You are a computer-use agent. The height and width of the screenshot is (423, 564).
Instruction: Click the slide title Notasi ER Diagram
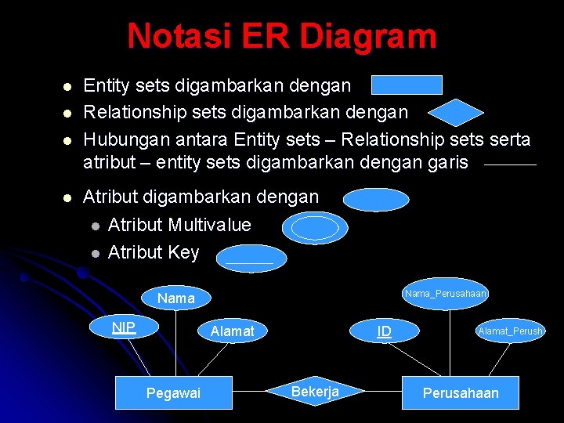coord(282,36)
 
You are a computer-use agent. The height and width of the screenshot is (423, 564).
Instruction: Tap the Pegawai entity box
coord(173,392)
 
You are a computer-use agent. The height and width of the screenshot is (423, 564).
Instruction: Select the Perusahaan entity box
coord(461,392)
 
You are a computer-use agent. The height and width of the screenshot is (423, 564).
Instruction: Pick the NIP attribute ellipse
coord(124,327)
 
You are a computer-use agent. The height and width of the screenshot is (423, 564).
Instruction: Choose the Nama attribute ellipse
coord(175,298)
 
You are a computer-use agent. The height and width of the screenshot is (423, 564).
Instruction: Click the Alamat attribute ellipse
coord(233,331)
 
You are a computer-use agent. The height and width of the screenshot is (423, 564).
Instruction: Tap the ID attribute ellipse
coord(384,331)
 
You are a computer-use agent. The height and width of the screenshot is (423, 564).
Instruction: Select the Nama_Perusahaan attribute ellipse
coord(446,294)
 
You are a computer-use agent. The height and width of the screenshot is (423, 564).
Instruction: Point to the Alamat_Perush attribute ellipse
coord(511,331)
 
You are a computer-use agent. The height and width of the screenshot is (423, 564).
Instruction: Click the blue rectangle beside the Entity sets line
coord(407,85)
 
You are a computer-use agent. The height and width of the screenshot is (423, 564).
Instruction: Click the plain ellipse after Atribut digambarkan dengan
coord(376,200)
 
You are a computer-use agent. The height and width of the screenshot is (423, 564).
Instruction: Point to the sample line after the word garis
coord(510,164)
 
